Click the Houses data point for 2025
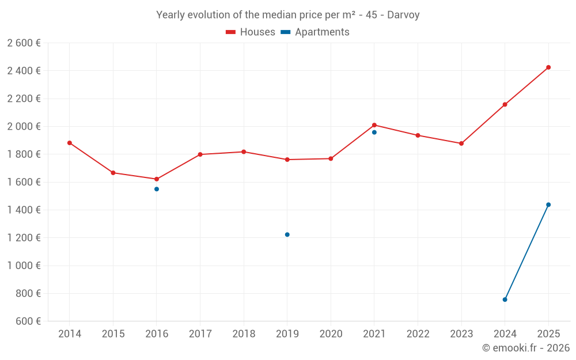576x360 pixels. point(548,67)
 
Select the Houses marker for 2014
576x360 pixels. point(70,143)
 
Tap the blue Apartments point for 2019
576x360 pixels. point(287,234)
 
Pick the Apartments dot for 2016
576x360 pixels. point(157,189)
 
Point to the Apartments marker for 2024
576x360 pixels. point(505,300)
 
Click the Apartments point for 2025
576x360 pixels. point(548,204)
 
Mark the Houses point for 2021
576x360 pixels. point(374,125)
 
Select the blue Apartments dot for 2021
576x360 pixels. point(374,132)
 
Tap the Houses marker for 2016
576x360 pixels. point(157,179)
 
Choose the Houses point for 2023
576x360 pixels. point(461,143)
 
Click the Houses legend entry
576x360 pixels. point(251,32)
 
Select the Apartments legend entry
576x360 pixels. point(315,32)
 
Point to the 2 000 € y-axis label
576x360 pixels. point(24,126)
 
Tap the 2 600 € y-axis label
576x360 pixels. point(24,43)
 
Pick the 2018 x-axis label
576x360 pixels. point(244,334)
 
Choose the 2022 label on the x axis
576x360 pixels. point(418,334)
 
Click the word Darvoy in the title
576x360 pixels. point(403,15)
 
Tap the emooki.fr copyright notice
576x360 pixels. point(526,348)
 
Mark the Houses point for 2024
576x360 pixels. point(505,104)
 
